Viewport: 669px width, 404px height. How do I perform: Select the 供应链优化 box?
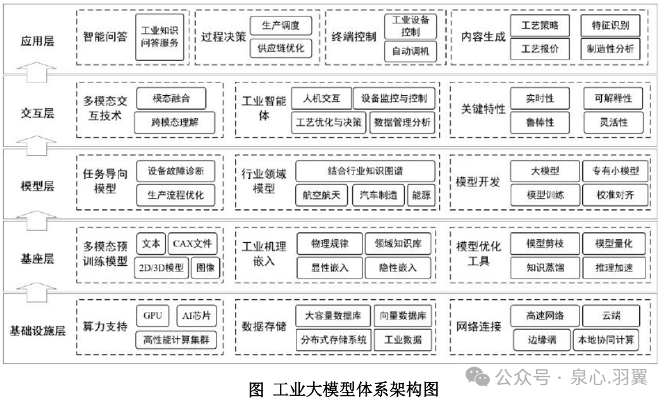tap(281, 48)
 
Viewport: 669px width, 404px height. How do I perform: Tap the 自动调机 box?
tap(410, 51)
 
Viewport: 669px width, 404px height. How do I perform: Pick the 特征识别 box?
tap(610, 26)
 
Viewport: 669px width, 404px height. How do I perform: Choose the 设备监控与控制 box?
tap(394, 98)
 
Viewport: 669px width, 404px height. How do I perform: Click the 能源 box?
tap(421, 195)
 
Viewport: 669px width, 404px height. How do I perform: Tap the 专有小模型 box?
tap(616, 171)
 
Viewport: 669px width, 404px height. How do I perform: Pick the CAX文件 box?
tap(193, 244)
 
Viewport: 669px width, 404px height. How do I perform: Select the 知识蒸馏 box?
tap(545, 267)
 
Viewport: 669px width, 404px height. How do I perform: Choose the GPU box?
tap(153, 316)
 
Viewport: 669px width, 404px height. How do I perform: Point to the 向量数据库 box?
tap(403, 316)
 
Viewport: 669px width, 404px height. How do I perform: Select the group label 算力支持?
tap(105, 327)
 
